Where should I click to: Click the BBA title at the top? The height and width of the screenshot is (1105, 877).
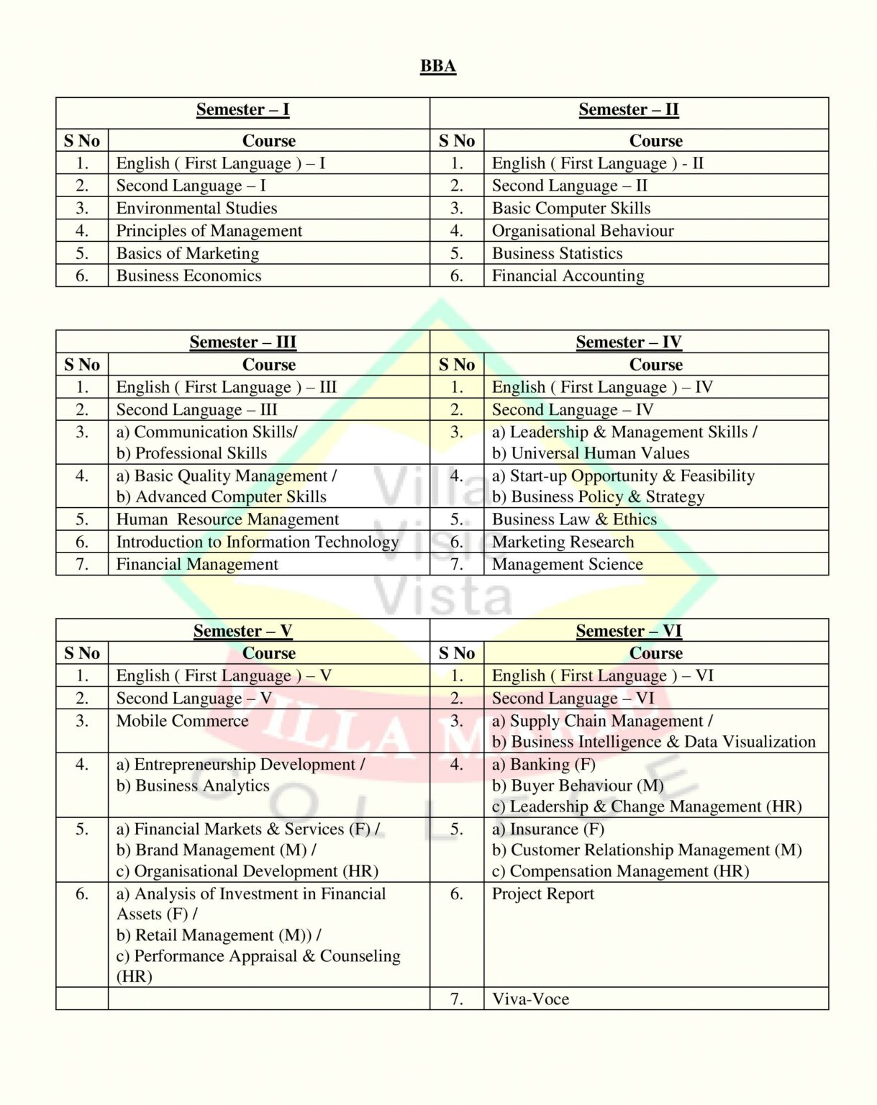tap(437, 66)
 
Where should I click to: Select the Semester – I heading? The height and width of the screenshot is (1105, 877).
tap(242, 109)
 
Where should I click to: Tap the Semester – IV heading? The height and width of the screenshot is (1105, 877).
tap(628, 342)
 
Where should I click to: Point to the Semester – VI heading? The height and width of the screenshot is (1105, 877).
tap(628, 631)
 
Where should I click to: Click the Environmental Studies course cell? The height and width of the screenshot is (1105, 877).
tap(196, 208)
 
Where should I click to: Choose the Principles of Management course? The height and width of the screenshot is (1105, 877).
tap(209, 231)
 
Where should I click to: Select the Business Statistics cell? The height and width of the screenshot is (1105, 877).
tap(557, 253)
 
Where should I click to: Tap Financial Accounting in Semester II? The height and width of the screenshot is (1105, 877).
tap(568, 276)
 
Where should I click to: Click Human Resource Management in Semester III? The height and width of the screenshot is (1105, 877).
tap(227, 519)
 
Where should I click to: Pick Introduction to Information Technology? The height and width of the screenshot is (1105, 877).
tap(257, 542)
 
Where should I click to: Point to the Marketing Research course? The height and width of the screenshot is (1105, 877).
tap(563, 542)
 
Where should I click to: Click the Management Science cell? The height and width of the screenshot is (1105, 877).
tap(567, 564)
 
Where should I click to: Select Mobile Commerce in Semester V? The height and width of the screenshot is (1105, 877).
tap(182, 721)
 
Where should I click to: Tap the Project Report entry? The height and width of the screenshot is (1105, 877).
tap(542, 893)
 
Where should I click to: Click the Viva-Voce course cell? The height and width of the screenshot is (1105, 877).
tap(530, 999)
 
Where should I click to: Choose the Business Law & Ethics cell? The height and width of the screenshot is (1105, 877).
tap(574, 519)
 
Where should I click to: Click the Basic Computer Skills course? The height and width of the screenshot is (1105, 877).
tap(571, 208)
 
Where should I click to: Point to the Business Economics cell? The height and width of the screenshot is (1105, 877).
tap(188, 276)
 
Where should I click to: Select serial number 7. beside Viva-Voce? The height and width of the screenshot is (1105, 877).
tap(456, 999)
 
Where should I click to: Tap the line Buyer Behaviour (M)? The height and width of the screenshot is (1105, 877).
tap(578, 786)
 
